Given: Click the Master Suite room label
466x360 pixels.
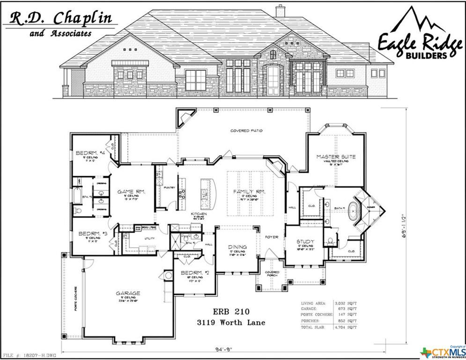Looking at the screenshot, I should [335, 157].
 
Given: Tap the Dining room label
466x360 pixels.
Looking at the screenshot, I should [237, 247].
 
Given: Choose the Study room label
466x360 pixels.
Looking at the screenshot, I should [304, 242].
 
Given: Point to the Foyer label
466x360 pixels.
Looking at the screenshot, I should [272, 237].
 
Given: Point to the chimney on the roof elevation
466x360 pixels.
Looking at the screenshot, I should [280, 11].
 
